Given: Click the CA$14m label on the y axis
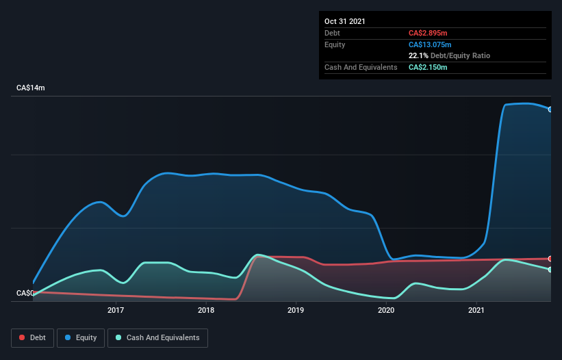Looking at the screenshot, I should click(x=30, y=88).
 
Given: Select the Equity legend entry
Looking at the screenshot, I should click(x=81, y=337).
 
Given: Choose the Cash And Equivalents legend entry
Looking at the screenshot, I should click(x=157, y=337).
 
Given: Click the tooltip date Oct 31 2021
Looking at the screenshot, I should click(x=345, y=21).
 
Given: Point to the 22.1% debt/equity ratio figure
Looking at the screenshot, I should click(x=418, y=55).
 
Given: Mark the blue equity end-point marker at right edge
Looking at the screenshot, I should click(x=550, y=110).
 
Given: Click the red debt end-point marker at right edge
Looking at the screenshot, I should click(x=550, y=259).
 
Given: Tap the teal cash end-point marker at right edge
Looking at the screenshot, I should click(x=550, y=270).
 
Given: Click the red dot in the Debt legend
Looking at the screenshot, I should click(x=23, y=337).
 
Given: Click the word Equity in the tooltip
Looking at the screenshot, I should click(x=335, y=44).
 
